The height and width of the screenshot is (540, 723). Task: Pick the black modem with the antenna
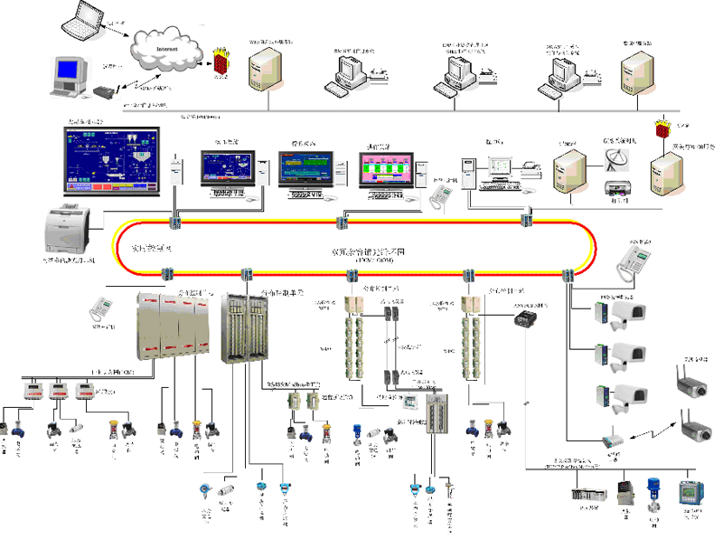tap(107, 91)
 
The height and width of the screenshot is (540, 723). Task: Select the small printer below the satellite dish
tap(616, 188)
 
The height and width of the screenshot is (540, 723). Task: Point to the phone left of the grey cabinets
tap(101, 310)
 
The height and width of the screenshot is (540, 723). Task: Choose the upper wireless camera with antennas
tap(690, 383)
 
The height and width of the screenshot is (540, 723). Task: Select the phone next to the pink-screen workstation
tap(442, 193)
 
